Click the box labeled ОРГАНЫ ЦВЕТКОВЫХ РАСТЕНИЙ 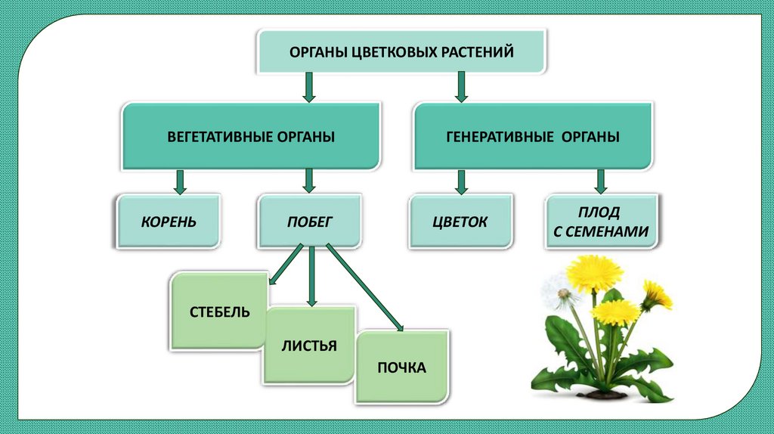[401, 51]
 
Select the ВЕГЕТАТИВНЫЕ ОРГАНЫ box [250, 137]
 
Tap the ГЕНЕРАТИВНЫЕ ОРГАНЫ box [532, 137]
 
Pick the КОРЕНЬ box [169, 222]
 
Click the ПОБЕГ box [309, 222]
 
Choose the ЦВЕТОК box [460, 222]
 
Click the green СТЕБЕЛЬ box [219, 312]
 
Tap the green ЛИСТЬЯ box [308, 346]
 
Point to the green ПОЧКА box [401, 367]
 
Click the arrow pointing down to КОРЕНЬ [180, 181]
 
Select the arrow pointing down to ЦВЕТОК [460, 181]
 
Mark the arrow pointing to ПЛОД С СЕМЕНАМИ [601, 181]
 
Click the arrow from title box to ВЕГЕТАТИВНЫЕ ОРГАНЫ [308, 87]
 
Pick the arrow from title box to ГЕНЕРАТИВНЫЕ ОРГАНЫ [460, 87]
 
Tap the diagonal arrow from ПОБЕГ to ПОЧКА [365, 288]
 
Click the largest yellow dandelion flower [595, 274]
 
